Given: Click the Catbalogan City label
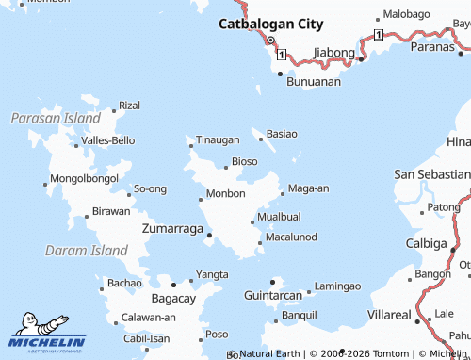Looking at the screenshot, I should click(270, 25).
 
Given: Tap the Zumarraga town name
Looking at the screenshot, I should click(171, 229).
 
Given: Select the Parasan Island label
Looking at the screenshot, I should click(55, 120).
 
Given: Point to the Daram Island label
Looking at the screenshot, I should click(86, 252).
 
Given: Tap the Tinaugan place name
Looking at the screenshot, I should click(217, 140).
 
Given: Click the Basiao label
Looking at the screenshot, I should click(282, 135).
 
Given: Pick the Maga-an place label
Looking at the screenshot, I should click(308, 188).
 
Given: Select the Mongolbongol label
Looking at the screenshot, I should click(84, 178).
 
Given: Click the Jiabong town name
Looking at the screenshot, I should click(334, 52).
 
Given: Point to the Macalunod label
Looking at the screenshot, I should click(291, 237).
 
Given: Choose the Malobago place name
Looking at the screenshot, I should click(405, 16).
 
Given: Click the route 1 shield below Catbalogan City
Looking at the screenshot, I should click(280, 54).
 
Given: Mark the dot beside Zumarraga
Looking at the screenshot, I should click(209, 235).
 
